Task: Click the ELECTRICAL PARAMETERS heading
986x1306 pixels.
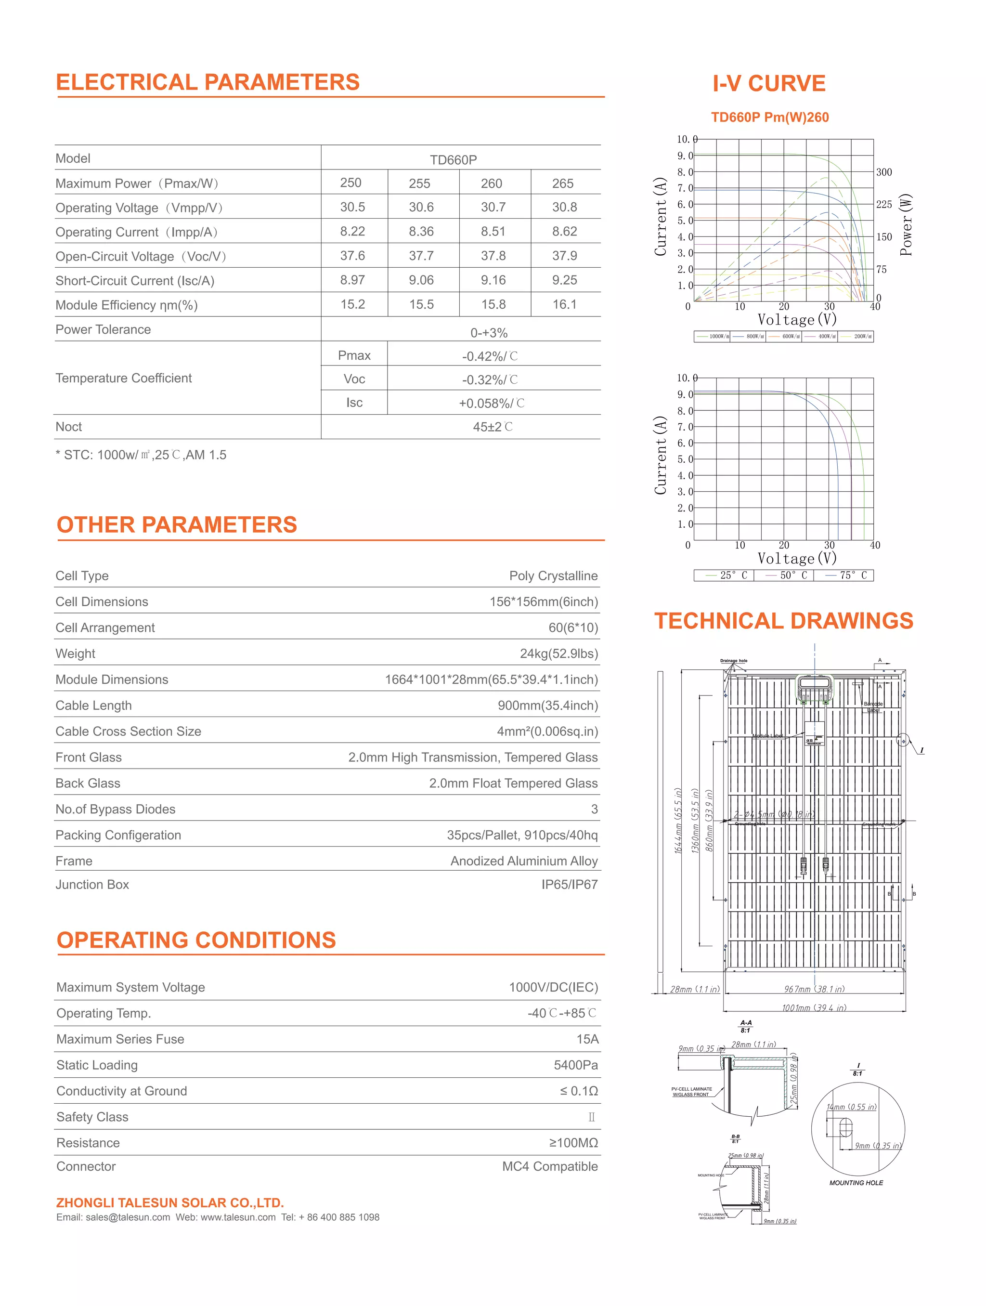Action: (208, 82)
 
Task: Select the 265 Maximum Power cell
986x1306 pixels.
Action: (563, 183)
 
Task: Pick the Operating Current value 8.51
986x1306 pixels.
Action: (493, 232)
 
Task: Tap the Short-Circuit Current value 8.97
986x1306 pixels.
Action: (352, 280)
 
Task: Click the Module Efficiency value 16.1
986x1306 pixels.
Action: (564, 305)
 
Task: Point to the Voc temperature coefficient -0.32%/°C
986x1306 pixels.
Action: (490, 379)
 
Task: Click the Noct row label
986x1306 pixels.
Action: (69, 427)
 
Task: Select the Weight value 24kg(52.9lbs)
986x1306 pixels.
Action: (558, 653)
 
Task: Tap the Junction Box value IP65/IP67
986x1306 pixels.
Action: (569, 885)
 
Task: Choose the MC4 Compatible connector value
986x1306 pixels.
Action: (550, 1167)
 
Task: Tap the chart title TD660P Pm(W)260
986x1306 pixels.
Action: (769, 118)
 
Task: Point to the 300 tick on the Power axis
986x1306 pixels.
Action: (884, 172)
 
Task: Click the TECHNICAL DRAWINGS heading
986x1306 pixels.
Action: (783, 621)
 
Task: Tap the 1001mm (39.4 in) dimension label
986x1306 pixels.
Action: (814, 1008)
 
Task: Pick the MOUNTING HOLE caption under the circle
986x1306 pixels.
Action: (856, 1183)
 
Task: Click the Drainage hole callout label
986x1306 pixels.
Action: (733, 661)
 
